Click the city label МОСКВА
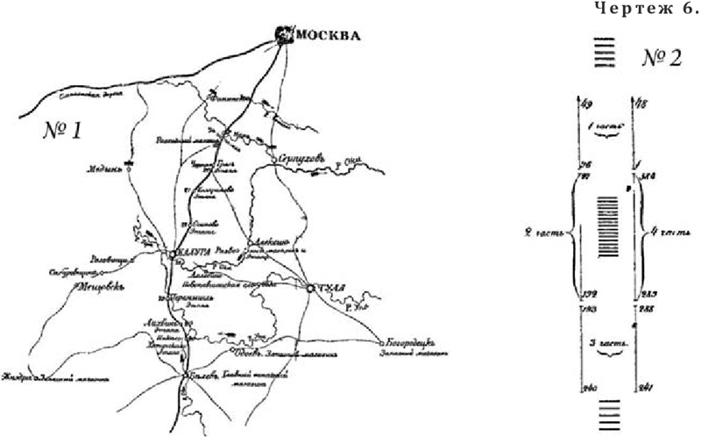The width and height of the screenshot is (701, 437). tap(329, 37)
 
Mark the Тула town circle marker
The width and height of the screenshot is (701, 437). tap(311, 287)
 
